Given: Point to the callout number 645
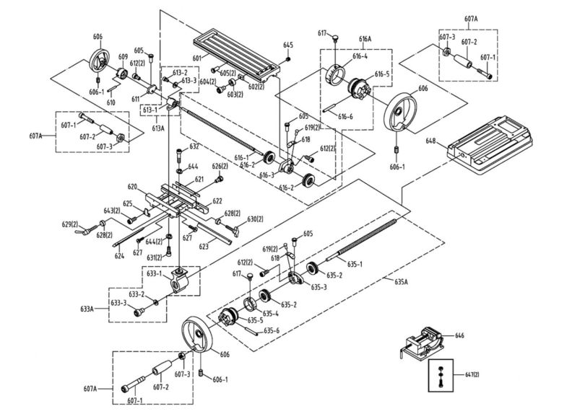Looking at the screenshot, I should [288, 45].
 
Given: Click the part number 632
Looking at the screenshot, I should [194, 146].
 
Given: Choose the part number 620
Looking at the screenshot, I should [133, 186].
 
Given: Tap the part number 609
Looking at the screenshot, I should [123, 57].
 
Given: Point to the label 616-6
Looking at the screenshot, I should [346, 116].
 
